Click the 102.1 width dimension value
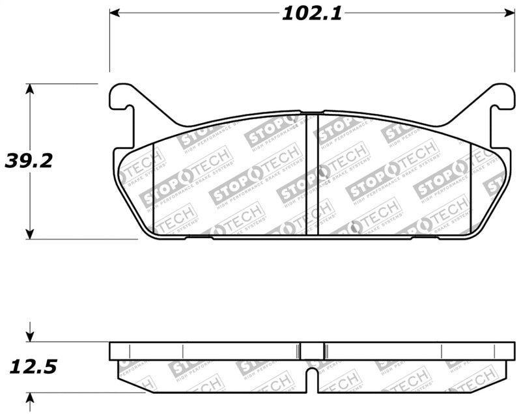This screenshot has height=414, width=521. click(x=311, y=14)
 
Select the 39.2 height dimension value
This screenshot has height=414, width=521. click(x=28, y=161)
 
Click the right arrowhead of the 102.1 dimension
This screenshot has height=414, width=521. click(x=508, y=13)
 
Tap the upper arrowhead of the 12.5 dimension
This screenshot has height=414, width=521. click(x=29, y=337)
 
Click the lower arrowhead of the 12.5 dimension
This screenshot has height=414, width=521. click(x=29, y=398)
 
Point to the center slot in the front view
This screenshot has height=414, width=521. click(x=312, y=174)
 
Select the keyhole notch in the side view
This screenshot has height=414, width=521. click(x=312, y=378)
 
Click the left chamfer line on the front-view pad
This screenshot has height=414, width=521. click(x=153, y=189)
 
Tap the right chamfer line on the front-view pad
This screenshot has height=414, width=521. click(x=470, y=189)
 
